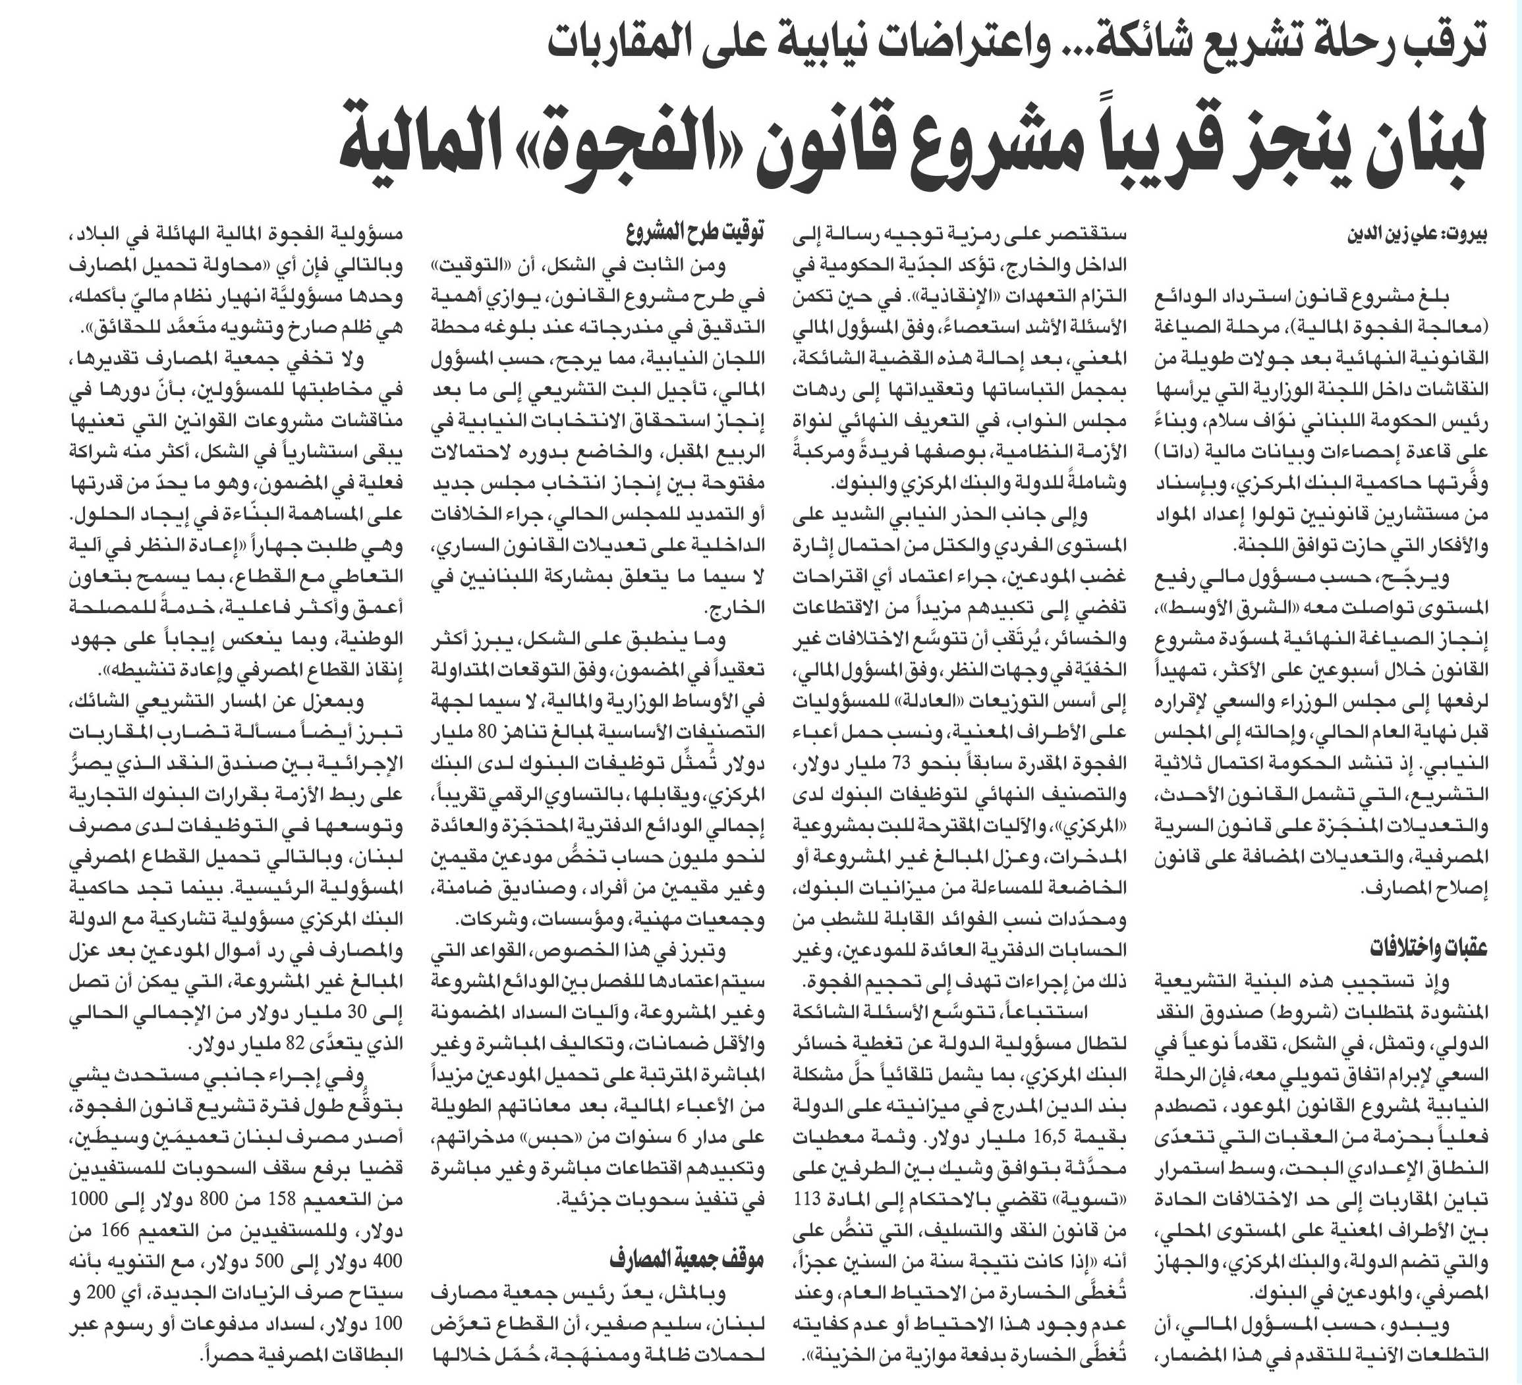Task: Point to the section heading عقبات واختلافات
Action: coord(1427,947)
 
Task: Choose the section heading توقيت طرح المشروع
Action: coord(694,232)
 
